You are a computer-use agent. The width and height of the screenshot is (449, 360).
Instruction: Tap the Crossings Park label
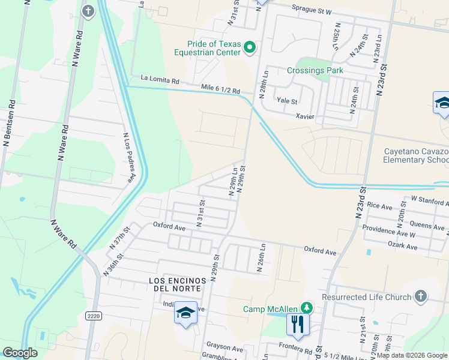[315, 70]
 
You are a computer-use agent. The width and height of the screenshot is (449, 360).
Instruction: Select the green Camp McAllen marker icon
[307, 308]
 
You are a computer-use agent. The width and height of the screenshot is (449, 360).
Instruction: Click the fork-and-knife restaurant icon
[297, 325]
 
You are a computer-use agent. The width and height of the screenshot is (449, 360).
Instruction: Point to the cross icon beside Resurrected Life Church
[421, 296]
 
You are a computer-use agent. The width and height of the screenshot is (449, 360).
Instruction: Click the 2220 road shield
[93, 316]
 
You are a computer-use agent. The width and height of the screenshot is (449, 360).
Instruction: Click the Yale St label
[286, 101]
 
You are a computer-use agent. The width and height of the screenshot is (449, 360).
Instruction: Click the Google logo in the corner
[20, 352]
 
